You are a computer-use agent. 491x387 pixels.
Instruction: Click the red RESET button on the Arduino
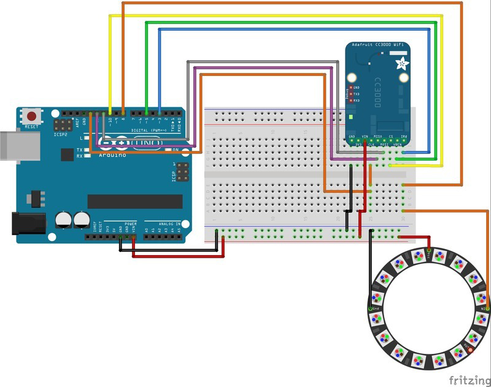[x=31, y=115]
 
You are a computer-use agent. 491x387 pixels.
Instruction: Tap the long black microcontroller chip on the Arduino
[x=135, y=201]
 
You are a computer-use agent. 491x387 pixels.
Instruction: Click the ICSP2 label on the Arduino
[x=61, y=134]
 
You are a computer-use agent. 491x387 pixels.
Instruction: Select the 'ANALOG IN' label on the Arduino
[x=169, y=224]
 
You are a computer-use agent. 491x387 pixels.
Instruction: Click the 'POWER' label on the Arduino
[x=131, y=224]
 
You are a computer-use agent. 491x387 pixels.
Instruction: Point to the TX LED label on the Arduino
[x=79, y=150]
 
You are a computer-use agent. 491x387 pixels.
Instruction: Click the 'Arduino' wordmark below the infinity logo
[x=113, y=155]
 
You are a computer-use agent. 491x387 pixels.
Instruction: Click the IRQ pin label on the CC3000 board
[x=404, y=136]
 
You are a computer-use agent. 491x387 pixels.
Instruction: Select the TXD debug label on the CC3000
[x=356, y=94]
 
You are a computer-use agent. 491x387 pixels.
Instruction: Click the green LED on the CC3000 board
[x=347, y=116]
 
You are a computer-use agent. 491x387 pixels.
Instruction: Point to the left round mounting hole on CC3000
[x=352, y=78]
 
